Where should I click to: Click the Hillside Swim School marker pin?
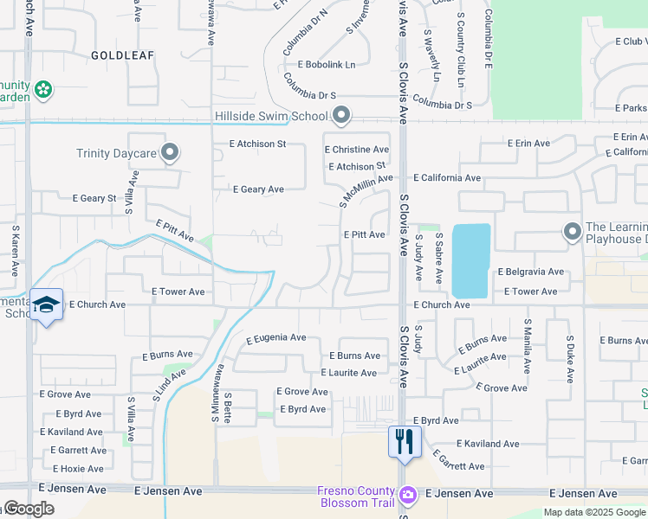pos(341,115)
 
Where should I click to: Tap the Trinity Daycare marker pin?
pos(170,153)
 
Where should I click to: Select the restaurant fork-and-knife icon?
pos(404,442)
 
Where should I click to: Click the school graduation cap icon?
pos(47,304)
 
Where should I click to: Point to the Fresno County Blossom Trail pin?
pos(407,496)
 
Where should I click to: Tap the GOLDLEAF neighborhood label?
pos(123,55)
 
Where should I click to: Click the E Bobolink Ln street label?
pos(326,65)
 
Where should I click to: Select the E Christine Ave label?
pos(357,150)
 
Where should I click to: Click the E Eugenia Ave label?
pos(276,338)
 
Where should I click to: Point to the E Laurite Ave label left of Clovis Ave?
pos(348,373)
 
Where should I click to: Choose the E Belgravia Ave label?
pos(530,272)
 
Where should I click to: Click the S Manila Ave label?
pos(527,345)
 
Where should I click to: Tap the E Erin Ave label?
pos(528,144)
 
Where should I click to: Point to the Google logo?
pos(28,509)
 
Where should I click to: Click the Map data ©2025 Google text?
pos(594,512)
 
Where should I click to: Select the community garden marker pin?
pos(43,89)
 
